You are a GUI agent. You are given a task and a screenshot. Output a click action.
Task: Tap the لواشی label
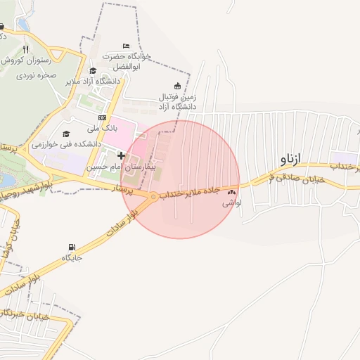231,202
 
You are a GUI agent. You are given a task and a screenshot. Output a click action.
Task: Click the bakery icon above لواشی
231,191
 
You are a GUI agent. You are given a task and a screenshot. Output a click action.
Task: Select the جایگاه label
72,257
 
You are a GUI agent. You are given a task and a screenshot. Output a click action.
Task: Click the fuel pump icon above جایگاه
72,247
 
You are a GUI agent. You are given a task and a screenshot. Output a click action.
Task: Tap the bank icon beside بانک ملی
103,117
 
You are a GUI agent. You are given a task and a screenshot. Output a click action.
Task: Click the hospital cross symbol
121,155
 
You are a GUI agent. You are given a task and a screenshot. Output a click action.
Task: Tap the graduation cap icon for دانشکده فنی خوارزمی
66,134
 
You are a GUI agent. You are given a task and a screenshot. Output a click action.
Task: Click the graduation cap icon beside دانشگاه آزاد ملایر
93,70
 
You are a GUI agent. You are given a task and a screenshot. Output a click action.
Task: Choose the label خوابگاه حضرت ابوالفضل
126,60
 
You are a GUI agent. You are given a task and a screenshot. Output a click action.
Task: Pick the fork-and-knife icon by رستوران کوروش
25,50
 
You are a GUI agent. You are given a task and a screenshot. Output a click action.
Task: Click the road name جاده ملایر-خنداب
191,192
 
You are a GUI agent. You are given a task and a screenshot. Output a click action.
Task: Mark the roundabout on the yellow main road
153,198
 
